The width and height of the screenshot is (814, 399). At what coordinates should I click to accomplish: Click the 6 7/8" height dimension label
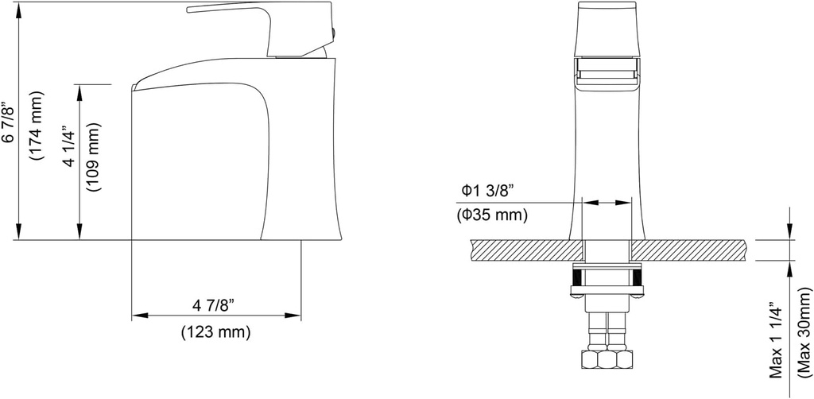point(9,122)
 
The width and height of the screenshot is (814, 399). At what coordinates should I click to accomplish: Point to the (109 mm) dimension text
point(94,158)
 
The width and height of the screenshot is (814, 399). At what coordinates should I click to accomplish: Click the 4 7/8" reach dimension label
point(215,305)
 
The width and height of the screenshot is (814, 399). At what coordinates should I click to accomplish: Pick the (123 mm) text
point(215,331)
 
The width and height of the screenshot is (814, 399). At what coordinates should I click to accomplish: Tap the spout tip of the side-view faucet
point(137,85)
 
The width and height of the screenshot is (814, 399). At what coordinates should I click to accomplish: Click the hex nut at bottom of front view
point(608,359)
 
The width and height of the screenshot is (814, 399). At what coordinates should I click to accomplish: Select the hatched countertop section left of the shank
point(525,250)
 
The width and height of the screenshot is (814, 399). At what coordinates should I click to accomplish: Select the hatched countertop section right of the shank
point(688,250)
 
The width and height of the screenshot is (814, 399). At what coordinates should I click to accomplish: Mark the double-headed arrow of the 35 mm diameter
point(608,203)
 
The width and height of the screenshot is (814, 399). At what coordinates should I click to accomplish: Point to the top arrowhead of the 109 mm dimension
point(79,89)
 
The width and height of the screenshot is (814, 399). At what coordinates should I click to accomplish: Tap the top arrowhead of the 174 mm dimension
point(17,6)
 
